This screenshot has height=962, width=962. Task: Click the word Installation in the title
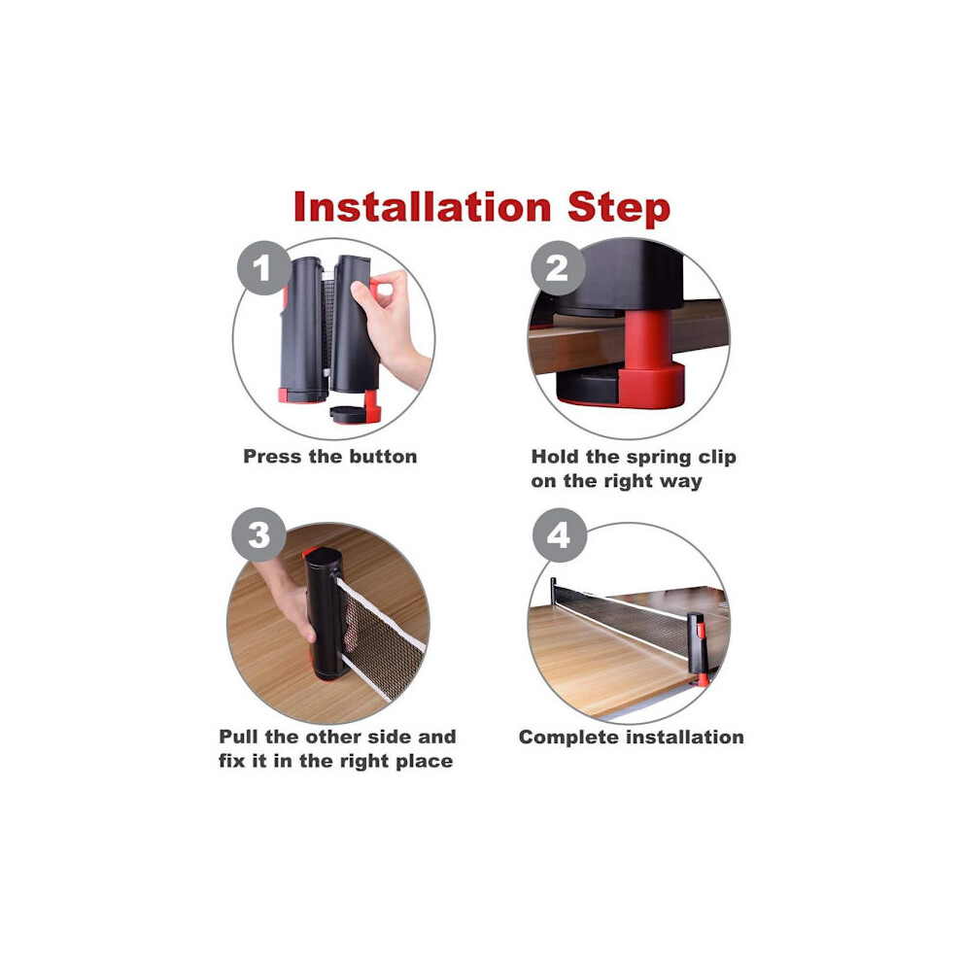[422, 206]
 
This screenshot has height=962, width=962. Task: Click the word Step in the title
[618, 209]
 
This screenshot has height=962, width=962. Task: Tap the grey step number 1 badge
[263, 268]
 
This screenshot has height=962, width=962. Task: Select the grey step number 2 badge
[558, 268]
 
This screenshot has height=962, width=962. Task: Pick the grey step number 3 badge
[258, 534]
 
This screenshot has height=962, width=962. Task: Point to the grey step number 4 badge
[559, 535]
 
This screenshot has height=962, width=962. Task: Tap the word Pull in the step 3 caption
[240, 737]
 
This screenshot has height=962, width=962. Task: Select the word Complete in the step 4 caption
[565, 738]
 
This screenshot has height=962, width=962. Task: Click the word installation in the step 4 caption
[680, 737]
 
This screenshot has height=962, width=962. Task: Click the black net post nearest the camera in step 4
[697, 647]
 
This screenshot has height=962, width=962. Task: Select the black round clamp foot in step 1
[348, 414]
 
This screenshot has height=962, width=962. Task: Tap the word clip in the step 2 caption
[716, 458]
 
